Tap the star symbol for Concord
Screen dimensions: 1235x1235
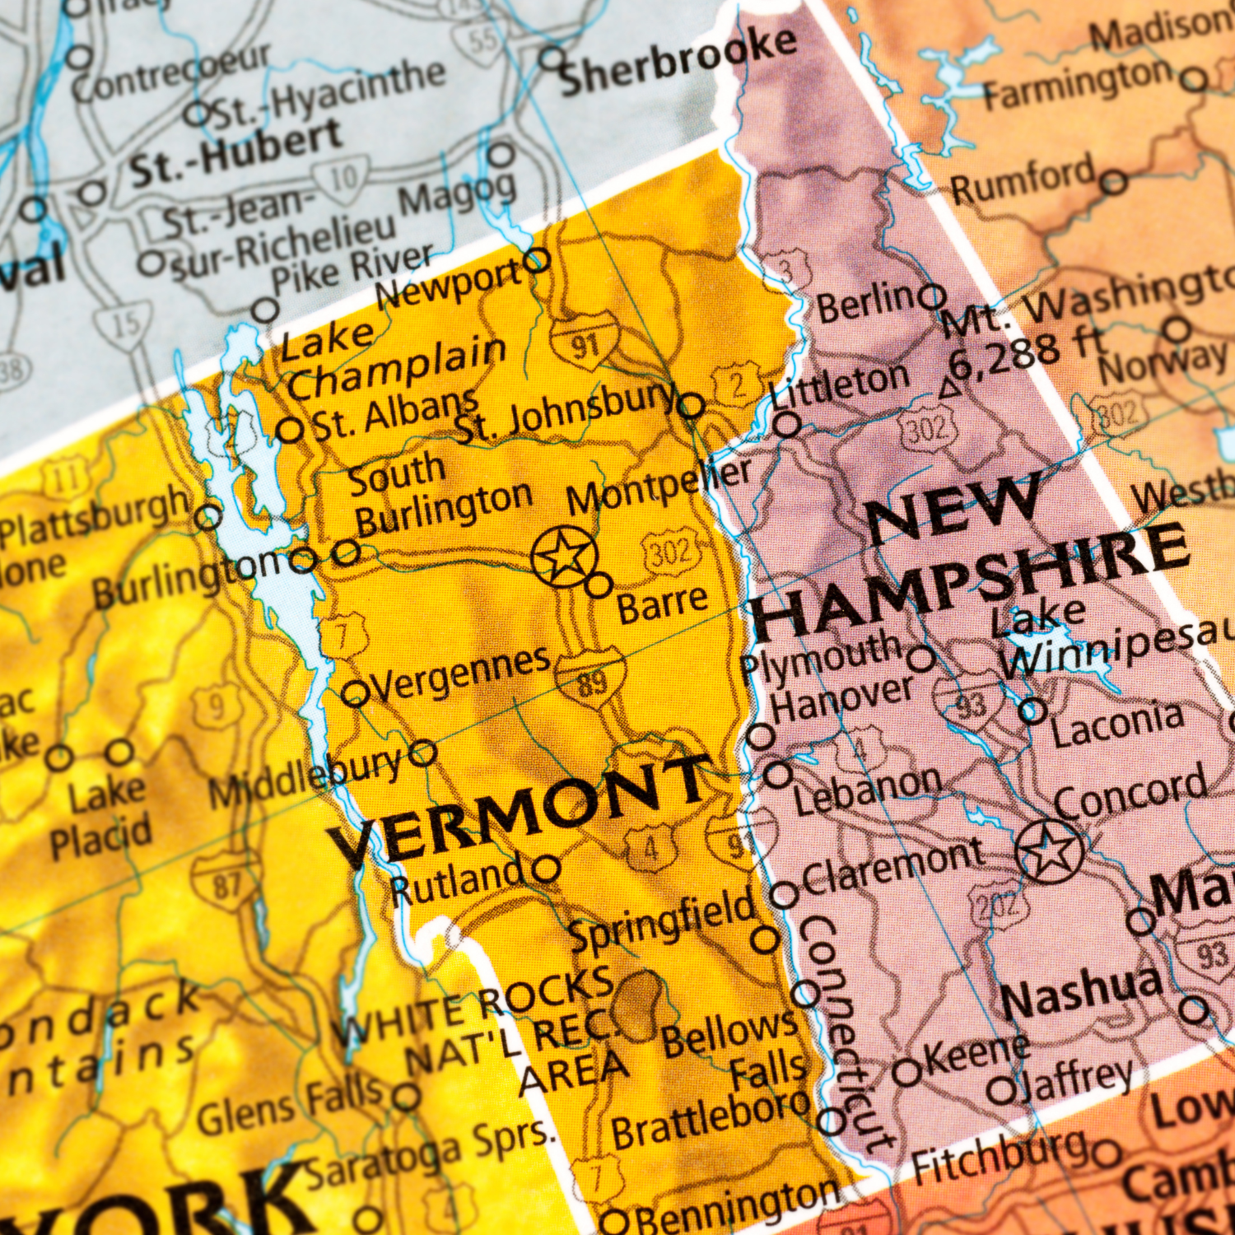(1048, 851)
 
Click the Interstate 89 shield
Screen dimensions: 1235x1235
(590, 678)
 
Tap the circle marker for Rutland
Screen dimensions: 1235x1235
(546, 868)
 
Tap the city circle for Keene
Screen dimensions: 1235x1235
(908, 1073)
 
